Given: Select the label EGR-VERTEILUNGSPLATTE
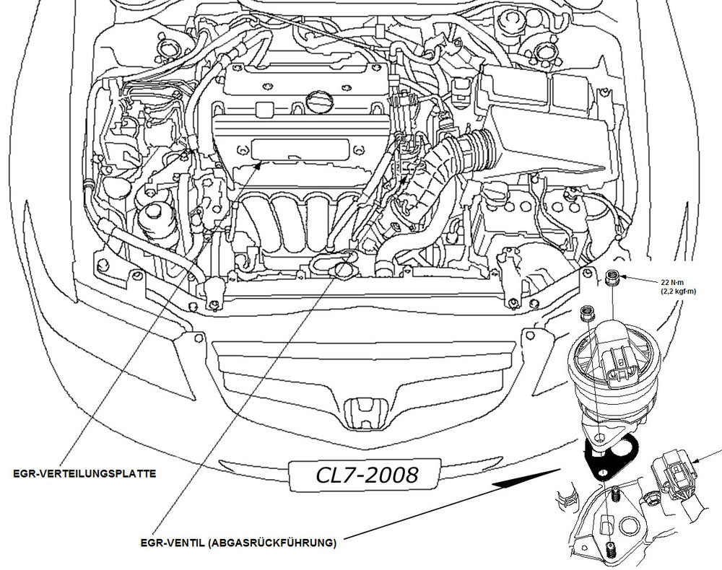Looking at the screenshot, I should click(x=84, y=474).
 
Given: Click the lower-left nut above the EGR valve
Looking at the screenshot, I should click(x=587, y=314).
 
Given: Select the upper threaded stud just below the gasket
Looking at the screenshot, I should click(x=615, y=496).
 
